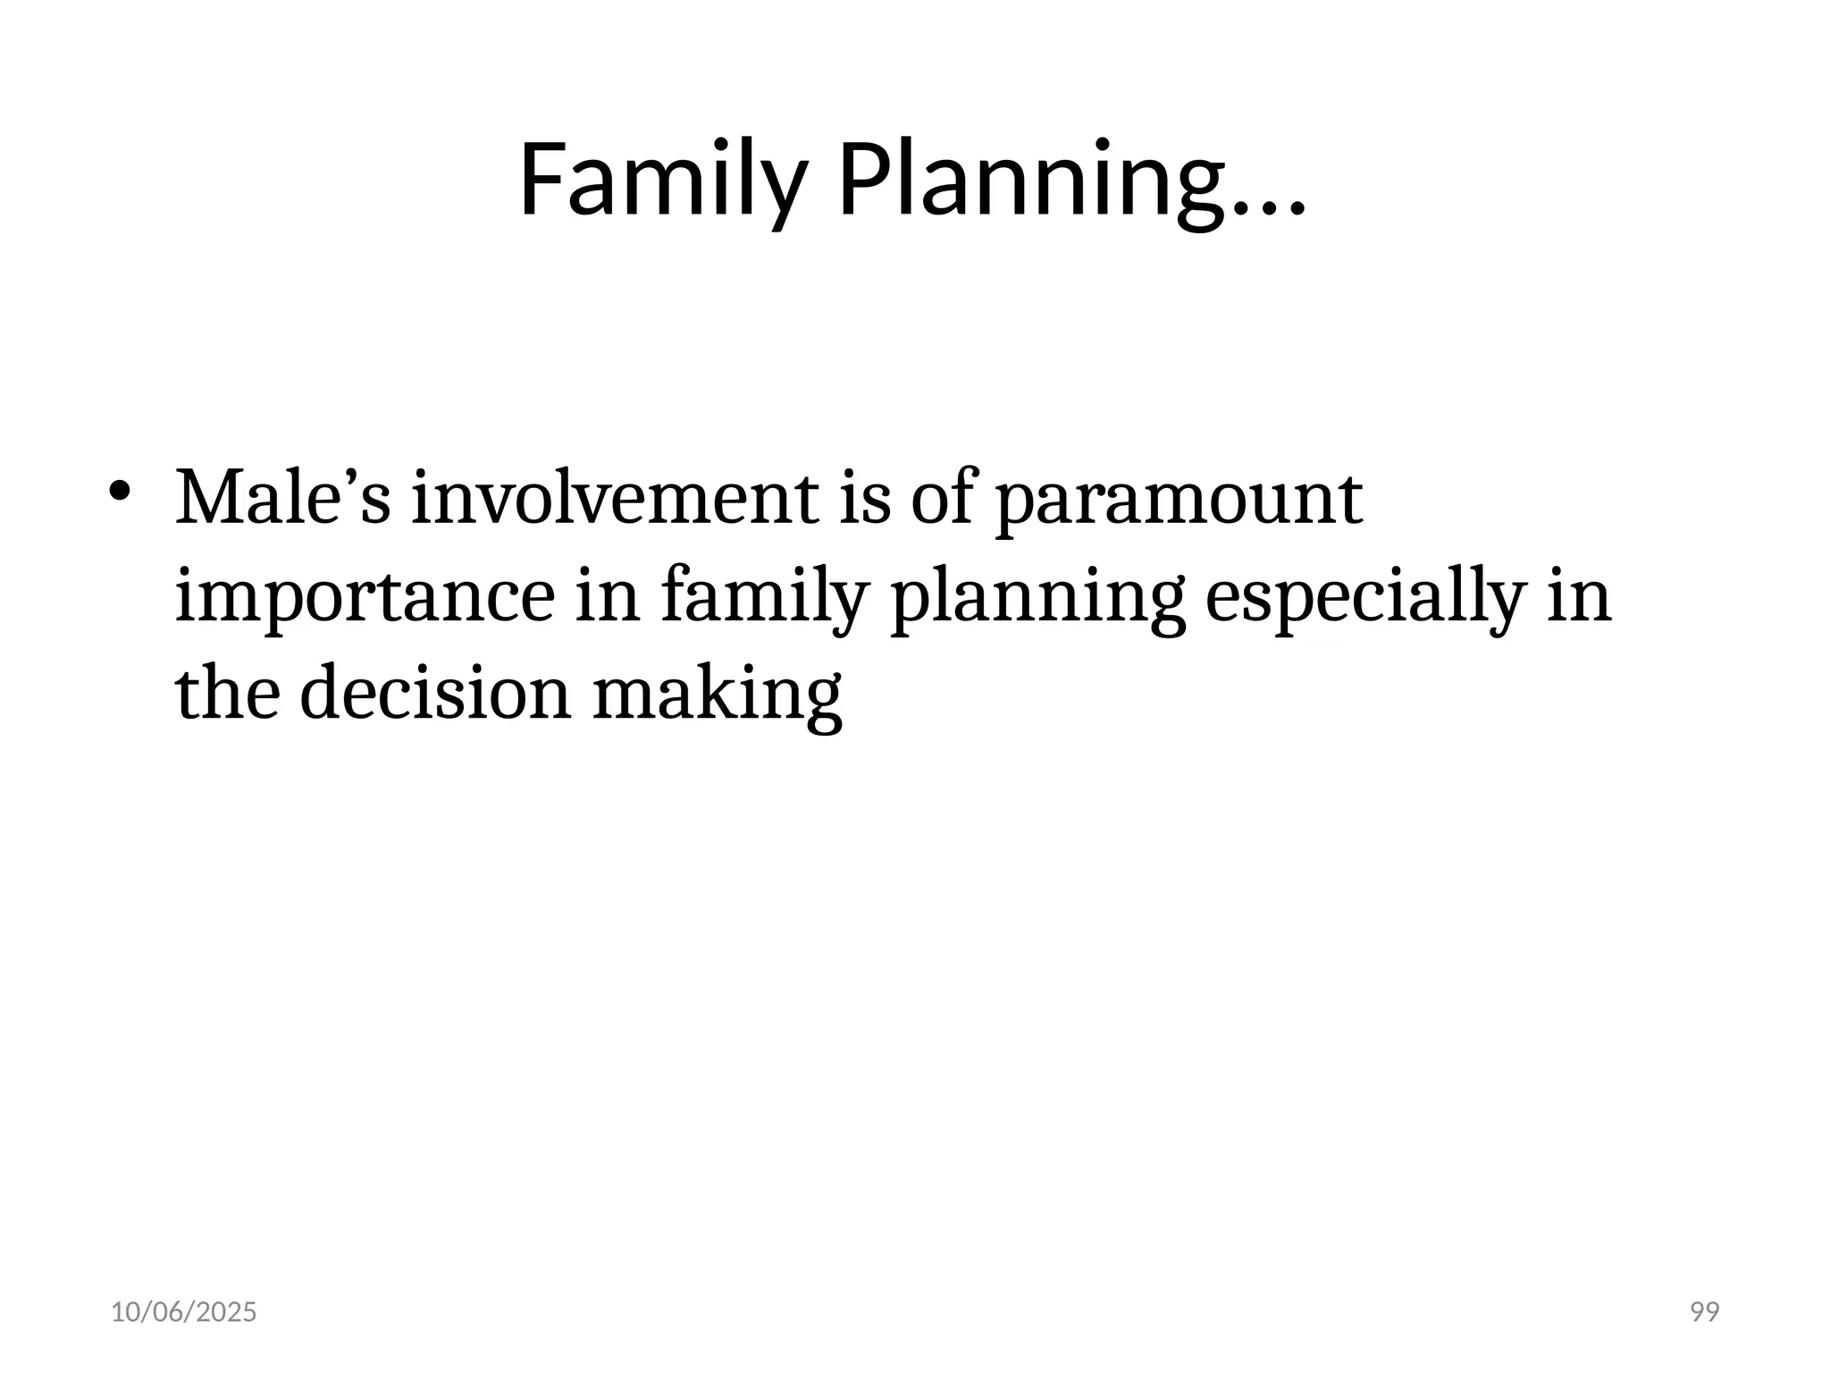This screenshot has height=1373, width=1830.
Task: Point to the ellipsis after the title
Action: click(1270, 206)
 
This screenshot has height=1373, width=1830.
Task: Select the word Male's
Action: click(282, 499)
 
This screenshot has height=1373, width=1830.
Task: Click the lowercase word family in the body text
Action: click(765, 597)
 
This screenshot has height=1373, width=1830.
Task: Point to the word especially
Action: click(1363, 597)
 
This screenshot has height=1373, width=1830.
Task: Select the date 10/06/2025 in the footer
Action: click(183, 1312)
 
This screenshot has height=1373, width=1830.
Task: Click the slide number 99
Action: click(1705, 1312)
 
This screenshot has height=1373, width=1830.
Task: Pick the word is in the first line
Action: click(864, 499)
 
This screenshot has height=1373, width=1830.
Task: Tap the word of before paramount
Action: click(942, 499)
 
